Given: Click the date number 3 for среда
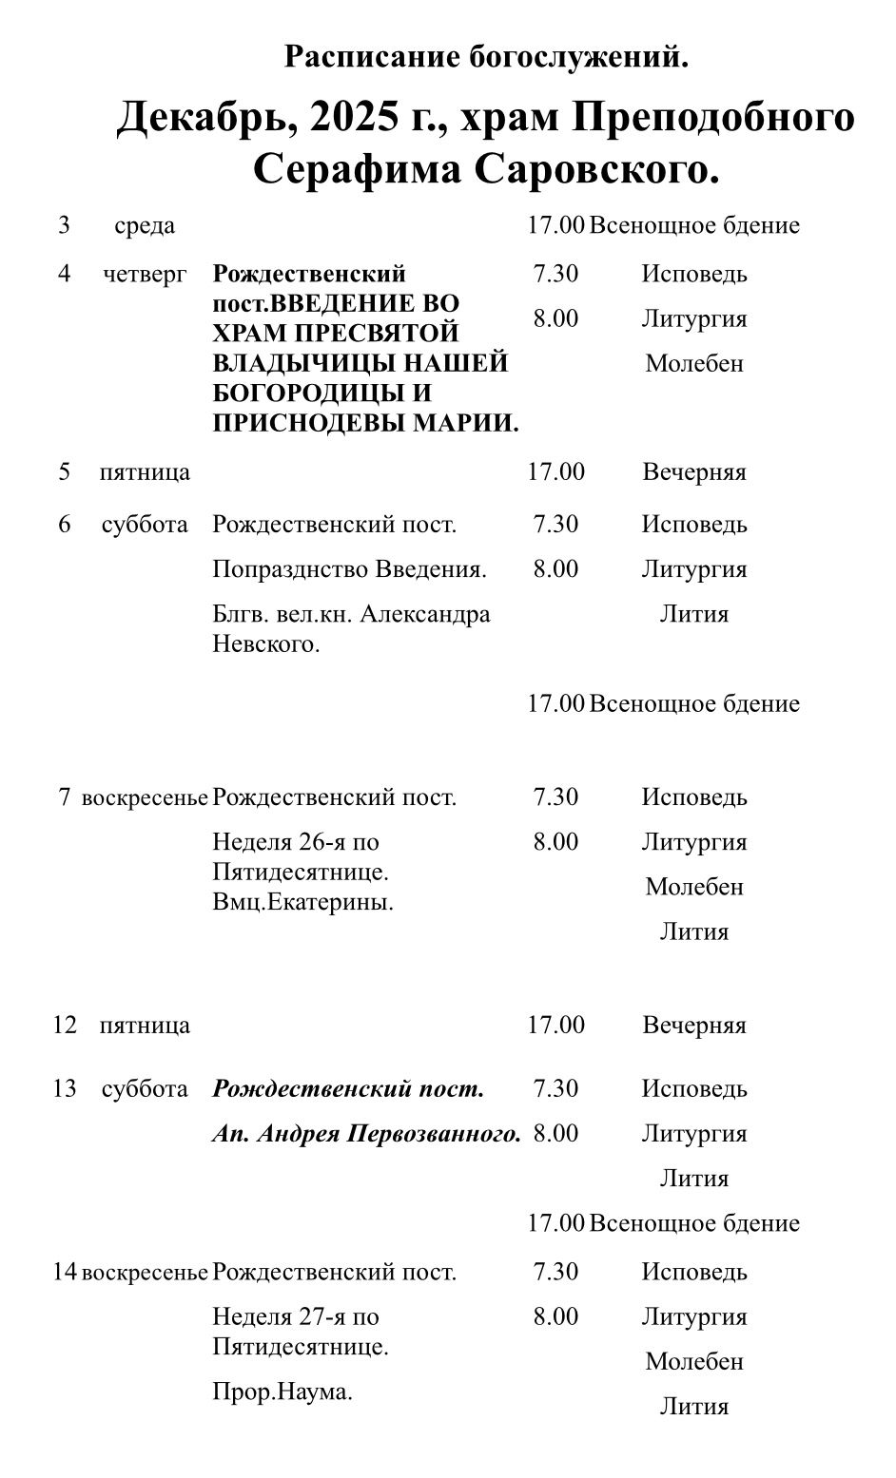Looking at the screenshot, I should pos(64,225).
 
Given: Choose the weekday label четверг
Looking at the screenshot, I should pos(145,274).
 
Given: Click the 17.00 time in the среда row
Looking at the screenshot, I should pos(555,225).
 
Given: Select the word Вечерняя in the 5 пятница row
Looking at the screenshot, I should pos(693,472).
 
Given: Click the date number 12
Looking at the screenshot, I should pos(64,1026).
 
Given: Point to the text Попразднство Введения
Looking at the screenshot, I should pos(349,569).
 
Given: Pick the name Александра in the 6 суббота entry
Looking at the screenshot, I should pos(425,614).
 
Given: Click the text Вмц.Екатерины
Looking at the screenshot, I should pos(302,902).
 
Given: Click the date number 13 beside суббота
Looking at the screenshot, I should pos(64,1088).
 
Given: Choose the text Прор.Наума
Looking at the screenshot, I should pos(282,1392).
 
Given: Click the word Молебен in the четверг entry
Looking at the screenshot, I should pos(693,363).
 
